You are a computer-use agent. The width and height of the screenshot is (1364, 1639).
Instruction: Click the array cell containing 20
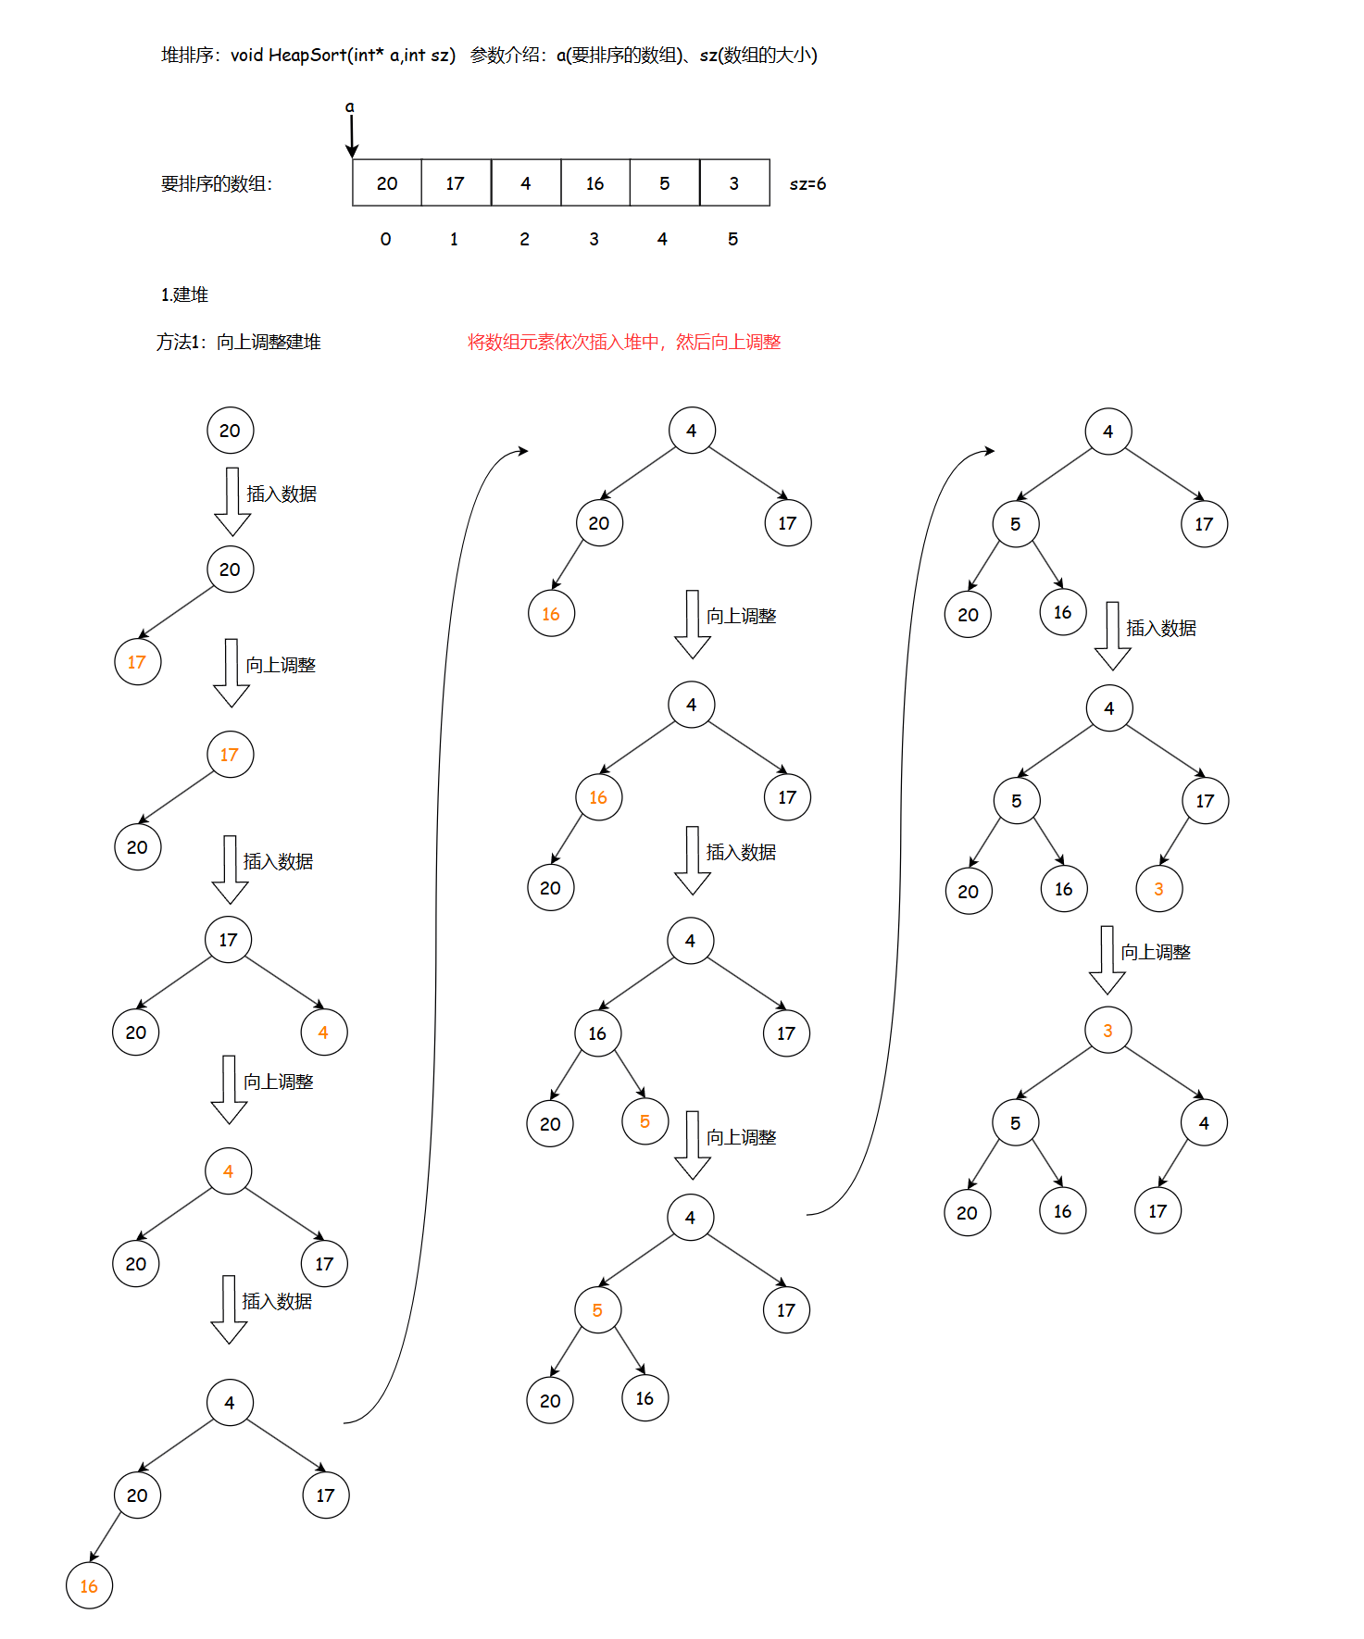pyautogui.click(x=387, y=183)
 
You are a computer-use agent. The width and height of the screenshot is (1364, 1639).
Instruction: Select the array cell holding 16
pyautogui.click(x=594, y=183)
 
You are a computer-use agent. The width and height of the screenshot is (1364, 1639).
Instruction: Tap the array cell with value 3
pyautogui.click(x=734, y=183)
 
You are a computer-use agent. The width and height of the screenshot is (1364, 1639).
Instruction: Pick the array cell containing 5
pyautogui.click(x=664, y=183)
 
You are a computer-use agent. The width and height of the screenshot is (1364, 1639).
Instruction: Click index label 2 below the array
pyautogui.click(x=524, y=239)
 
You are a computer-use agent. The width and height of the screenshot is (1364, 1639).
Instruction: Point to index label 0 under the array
pyautogui.click(x=385, y=239)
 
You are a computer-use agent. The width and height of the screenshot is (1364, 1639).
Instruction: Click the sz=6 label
pyautogui.click(x=807, y=184)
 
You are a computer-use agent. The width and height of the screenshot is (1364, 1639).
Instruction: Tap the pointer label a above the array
pyautogui.click(x=350, y=106)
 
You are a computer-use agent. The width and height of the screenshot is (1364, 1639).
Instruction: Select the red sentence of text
pyautogui.click(x=624, y=343)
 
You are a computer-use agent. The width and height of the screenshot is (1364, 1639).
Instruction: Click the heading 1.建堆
pyautogui.click(x=184, y=294)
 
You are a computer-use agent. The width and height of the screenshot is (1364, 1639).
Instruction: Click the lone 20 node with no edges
pyautogui.click(x=230, y=431)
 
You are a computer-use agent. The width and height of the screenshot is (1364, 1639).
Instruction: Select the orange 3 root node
pyautogui.click(x=1107, y=1031)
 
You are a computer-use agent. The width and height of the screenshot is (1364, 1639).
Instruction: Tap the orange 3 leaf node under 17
pyautogui.click(x=1158, y=890)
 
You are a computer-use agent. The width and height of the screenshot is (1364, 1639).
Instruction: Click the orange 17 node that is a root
pyautogui.click(x=230, y=755)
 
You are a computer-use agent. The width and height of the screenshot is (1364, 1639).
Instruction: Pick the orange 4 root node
pyautogui.click(x=228, y=1171)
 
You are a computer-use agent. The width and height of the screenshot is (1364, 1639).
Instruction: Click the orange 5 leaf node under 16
pyautogui.click(x=644, y=1122)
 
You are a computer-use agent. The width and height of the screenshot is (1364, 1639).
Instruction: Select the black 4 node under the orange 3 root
pyautogui.click(x=1204, y=1123)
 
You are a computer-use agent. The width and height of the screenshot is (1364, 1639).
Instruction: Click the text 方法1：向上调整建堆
pyautogui.click(x=239, y=343)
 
